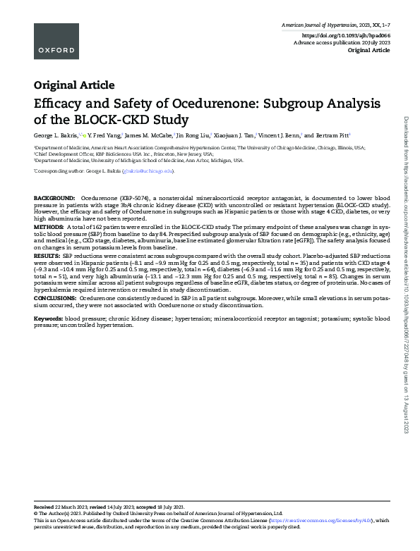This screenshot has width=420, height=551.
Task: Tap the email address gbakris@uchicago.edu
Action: [x=148, y=171]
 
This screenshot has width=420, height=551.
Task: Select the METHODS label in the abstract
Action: [x=49, y=228]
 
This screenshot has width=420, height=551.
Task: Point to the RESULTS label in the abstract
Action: [x=47, y=255]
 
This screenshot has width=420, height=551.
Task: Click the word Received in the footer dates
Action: [x=45, y=507]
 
